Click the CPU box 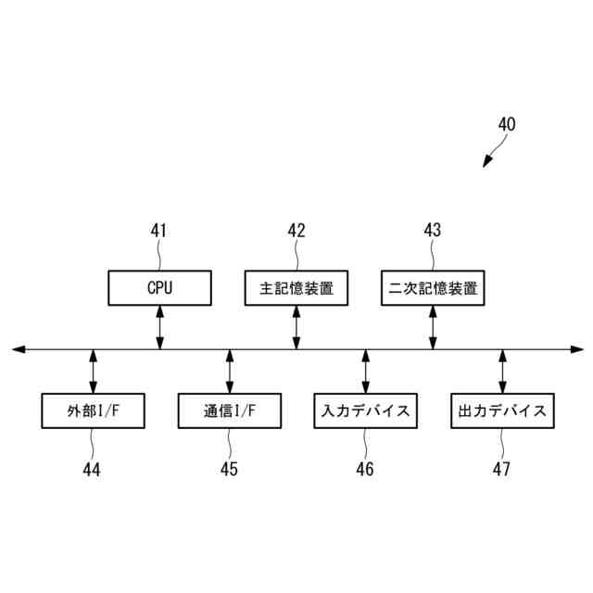click(x=159, y=287)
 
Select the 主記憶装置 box click(x=296, y=287)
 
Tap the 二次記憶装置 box click(x=433, y=287)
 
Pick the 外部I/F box click(x=93, y=410)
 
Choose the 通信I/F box click(x=229, y=410)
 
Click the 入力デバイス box click(x=365, y=410)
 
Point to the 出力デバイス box click(x=502, y=410)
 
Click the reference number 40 click(x=507, y=124)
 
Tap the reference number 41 click(x=159, y=231)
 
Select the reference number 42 click(x=296, y=231)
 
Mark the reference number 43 click(x=433, y=231)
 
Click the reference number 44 click(x=91, y=469)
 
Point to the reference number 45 click(x=228, y=469)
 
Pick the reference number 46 click(x=364, y=469)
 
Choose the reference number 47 click(x=501, y=469)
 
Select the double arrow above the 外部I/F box click(x=93, y=371)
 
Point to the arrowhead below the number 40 click(x=486, y=164)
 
